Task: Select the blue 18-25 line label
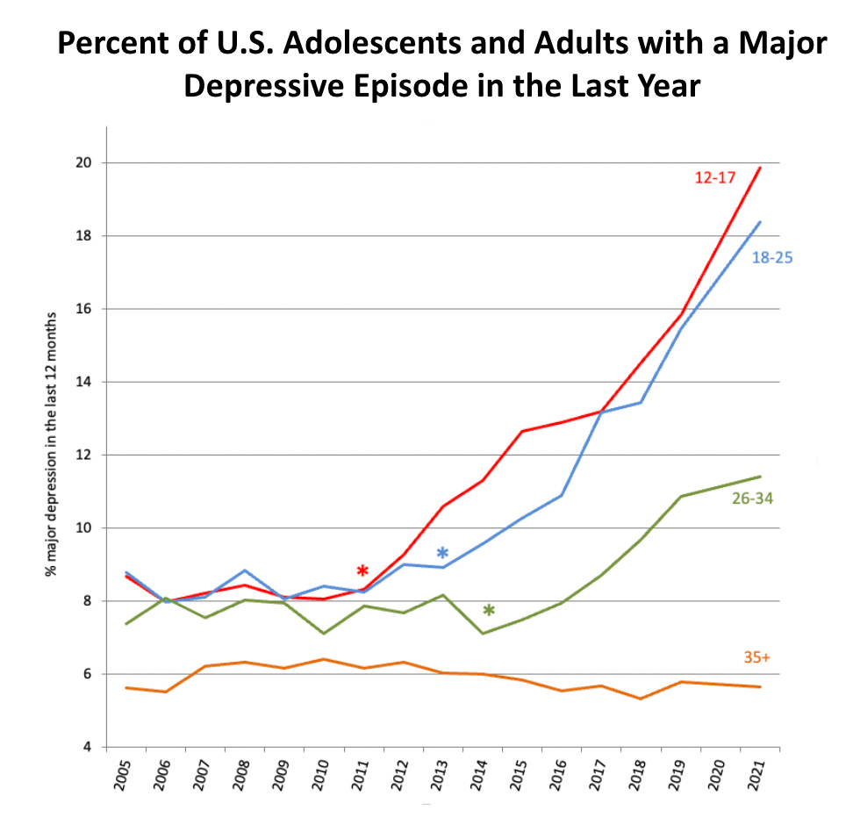point(772,258)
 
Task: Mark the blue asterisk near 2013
point(442,554)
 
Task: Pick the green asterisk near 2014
point(489,611)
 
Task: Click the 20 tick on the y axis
point(87,163)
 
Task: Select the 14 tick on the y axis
point(87,382)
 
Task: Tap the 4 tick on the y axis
point(90,747)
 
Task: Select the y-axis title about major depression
point(54,443)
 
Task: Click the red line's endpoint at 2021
point(760,168)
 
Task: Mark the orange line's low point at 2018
point(641,699)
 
